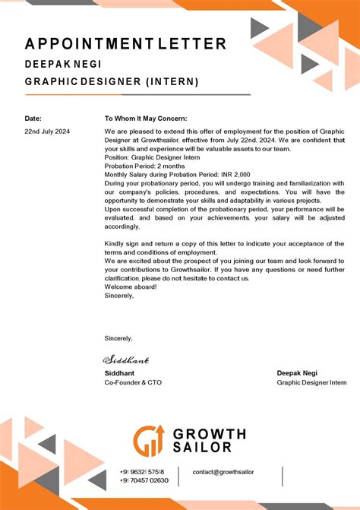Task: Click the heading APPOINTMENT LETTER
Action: pyautogui.click(x=125, y=44)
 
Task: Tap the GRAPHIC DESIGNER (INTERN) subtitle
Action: pyautogui.click(x=112, y=81)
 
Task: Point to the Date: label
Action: pyautogui.click(x=33, y=119)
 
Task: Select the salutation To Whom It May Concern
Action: pyautogui.click(x=145, y=119)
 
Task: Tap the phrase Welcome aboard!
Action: pyautogui.click(x=131, y=287)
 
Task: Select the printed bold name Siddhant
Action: pyautogui.click(x=120, y=373)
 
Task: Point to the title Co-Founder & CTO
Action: pyautogui.click(x=133, y=382)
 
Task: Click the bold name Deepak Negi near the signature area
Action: pyautogui.click(x=298, y=373)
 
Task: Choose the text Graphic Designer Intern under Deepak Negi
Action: pyautogui.click(x=311, y=382)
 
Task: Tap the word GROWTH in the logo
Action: pyautogui.click(x=210, y=435)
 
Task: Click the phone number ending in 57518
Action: pyautogui.click(x=142, y=472)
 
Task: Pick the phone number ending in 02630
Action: pyautogui.click(x=144, y=480)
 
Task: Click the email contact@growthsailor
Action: pyautogui.click(x=223, y=472)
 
